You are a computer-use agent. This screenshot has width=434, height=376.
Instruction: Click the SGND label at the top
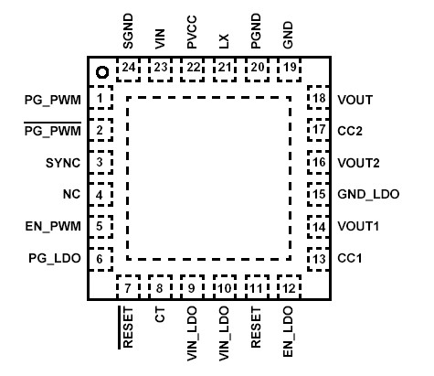click(128, 34)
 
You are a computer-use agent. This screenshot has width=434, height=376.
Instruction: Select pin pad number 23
click(161, 67)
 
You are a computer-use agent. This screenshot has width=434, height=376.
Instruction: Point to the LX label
click(224, 40)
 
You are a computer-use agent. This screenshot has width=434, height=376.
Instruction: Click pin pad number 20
click(257, 67)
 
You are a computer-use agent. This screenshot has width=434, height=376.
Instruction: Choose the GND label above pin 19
click(289, 37)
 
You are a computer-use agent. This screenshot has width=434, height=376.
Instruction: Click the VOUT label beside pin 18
click(355, 99)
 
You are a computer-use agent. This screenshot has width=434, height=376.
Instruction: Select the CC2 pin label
click(350, 131)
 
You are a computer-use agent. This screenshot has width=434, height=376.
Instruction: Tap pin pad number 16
click(318, 163)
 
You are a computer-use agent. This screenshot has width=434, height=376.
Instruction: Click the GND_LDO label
click(363, 195)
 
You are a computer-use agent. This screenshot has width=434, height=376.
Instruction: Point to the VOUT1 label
click(358, 227)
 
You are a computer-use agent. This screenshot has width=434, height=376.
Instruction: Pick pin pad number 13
click(318, 259)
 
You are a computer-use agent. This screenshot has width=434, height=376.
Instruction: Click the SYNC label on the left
click(63, 163)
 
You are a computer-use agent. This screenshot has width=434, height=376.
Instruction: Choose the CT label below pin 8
click(160, 317)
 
